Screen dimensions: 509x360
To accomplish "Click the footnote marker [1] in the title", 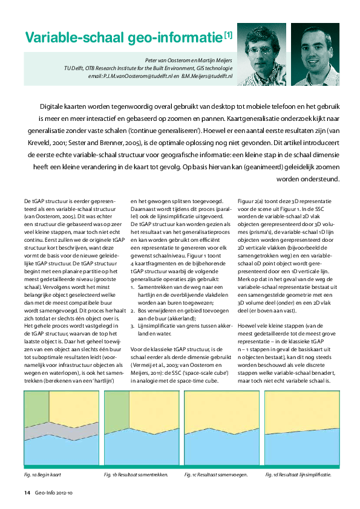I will pos(228,36).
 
